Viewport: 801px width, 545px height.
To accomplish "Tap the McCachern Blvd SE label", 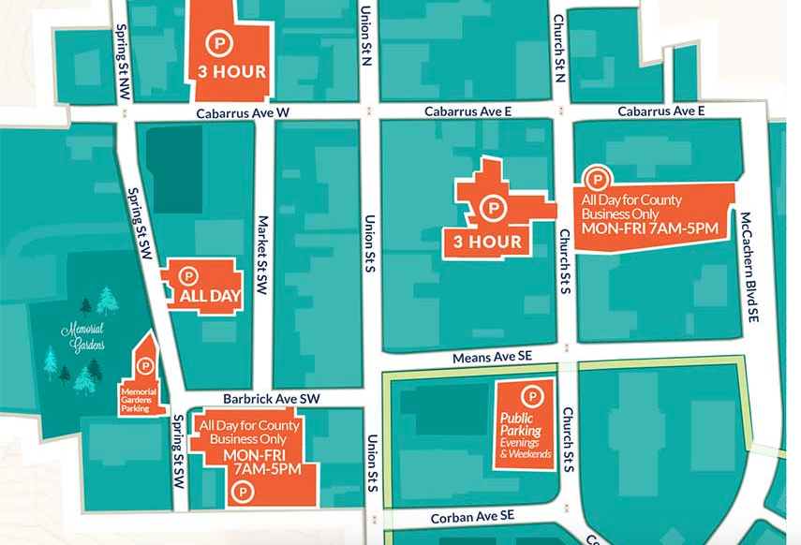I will [750, 266].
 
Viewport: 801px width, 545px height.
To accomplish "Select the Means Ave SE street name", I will [491, 357].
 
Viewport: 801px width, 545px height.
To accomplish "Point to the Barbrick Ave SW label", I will [272, 398].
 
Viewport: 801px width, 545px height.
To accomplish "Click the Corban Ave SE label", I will [472, 516].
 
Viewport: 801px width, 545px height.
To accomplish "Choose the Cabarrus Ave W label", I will [243, 112].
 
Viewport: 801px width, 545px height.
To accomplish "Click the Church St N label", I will [559, 48].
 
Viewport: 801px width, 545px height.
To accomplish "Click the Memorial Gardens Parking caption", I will [141, 401].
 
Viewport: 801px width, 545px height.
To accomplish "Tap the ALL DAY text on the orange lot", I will [204, 297].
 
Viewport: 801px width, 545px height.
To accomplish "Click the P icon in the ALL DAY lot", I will [189, 276].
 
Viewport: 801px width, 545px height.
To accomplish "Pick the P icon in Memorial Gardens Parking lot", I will [144, 363].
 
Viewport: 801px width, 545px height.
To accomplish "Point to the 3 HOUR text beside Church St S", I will [487, 241].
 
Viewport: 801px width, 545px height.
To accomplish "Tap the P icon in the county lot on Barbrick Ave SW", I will [244, 490].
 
